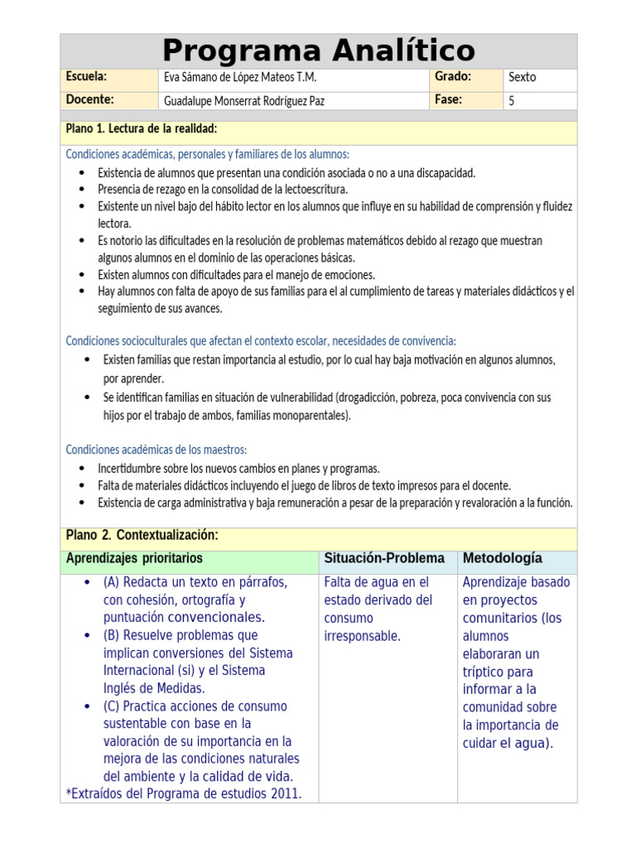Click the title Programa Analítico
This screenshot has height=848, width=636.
318,51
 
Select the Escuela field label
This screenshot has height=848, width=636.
86,77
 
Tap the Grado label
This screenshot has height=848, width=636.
452,77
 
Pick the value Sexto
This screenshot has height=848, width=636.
523,78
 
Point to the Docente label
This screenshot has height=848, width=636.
89,100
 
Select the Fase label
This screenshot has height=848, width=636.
448,100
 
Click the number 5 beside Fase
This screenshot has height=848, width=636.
512,101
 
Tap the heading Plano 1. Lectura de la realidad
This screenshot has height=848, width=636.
142,128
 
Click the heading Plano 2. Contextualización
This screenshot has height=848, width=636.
142,536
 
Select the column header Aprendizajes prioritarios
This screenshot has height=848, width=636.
134,559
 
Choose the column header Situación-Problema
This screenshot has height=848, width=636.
384,559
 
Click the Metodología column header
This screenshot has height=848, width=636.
503,559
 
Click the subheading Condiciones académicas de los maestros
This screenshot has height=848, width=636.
157,450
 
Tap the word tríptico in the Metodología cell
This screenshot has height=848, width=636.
485,672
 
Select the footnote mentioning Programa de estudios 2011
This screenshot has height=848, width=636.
184,794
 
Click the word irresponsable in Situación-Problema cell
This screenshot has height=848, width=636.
362,636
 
